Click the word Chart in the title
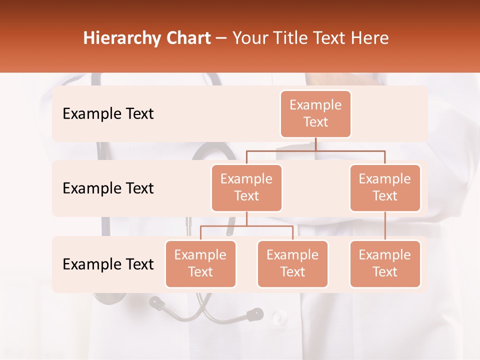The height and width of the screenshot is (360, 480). click(x=185, y=38)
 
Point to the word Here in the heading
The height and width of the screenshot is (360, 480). click(x=369, y=38)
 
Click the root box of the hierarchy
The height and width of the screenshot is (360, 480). click(x=315, y=113)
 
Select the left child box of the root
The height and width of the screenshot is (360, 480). click(x=246, y=187)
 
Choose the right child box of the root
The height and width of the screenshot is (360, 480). click(x=385, y=187)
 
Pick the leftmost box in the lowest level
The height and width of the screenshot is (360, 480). click(x=200, y=263)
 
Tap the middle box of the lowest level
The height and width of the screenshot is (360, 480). click(x=292, y=263)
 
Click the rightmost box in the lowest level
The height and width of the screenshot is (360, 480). click(x=385, y=263)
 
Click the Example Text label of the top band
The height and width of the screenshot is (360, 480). click(x=108, y=114)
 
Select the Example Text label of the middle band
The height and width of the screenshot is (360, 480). click(x=108, y=188)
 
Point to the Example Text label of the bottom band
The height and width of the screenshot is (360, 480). click(x=108, y=264)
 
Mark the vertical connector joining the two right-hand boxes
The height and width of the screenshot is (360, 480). click(x=385, y=225)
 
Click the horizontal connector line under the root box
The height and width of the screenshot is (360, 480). click(x=315, y=150)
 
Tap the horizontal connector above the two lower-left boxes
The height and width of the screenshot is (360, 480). click(x=246, y=226)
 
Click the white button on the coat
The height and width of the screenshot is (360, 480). click(x=279, y=317)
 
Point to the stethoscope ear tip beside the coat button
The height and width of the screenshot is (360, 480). click(x=255, y=314)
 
